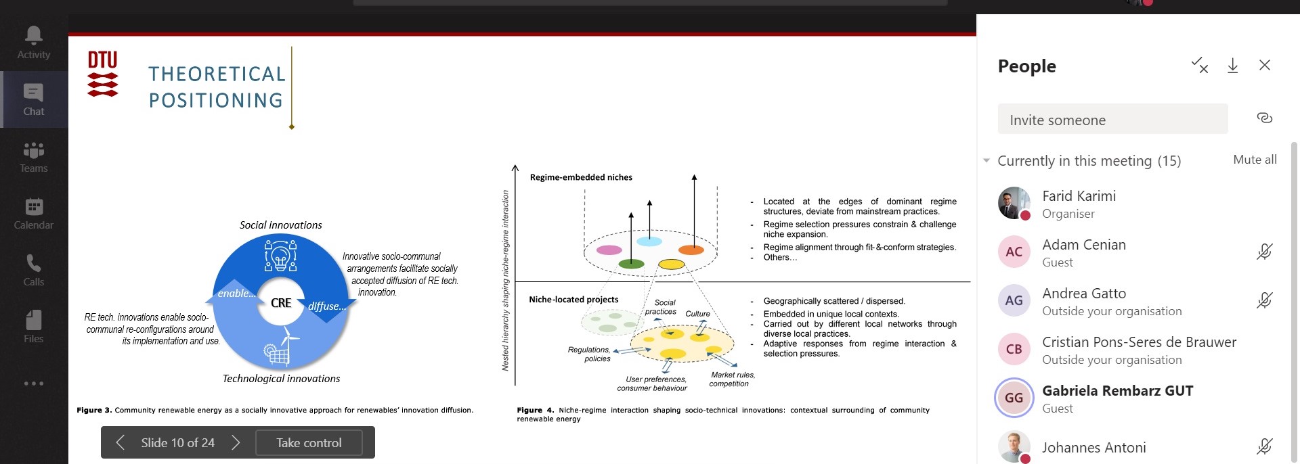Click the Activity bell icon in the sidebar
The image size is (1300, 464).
(33, 34)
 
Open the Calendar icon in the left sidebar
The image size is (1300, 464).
(34, 206)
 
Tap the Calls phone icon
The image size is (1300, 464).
(33, 262)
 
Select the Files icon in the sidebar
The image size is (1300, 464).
(33, 319)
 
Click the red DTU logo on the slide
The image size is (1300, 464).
(103, 74)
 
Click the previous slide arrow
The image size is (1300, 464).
(121, 442)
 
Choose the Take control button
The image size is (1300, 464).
(309, 442)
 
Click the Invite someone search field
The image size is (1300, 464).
(1112, 120)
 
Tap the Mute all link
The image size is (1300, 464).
(1255, 160)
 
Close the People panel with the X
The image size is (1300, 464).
(1264, 65)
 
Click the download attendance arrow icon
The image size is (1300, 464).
(1232, 66)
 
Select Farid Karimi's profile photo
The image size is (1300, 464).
(1014, 203)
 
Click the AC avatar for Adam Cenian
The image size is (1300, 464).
(1014, 252)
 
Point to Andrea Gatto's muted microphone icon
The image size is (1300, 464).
(1264, 300)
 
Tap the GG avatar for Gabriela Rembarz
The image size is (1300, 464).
(1014, 398)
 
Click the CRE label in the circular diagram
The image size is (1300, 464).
(281, 303)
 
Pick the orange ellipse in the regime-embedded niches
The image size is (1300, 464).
(691, 250)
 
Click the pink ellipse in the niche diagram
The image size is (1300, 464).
(609, 250)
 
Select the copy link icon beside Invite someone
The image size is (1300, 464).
(1264, 118)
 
